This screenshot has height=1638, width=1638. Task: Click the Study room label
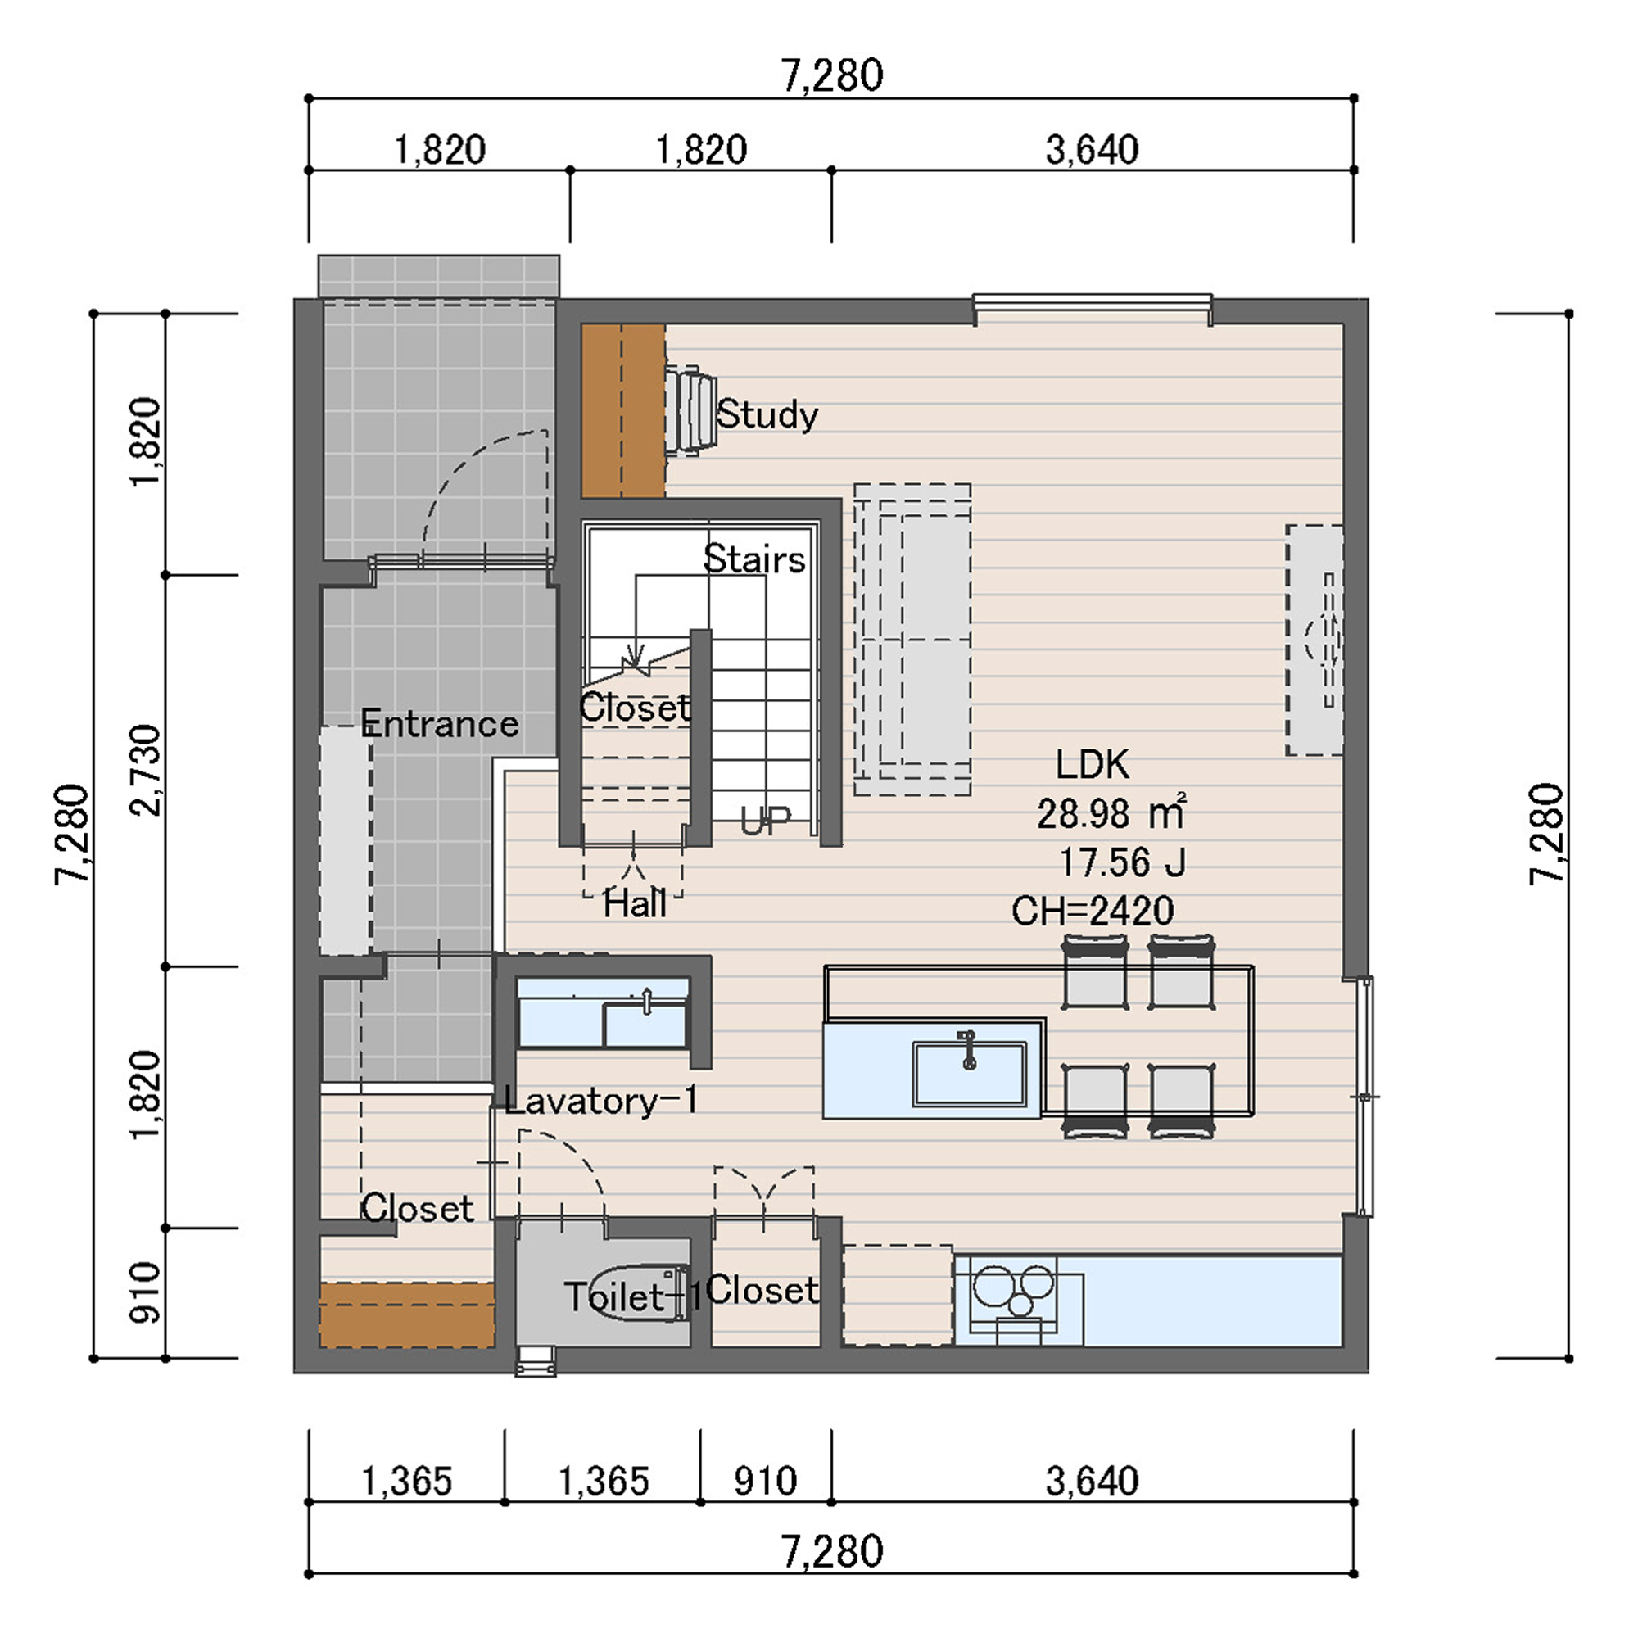click(x=767, y=415)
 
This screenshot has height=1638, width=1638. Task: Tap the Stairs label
click(x=753, y=559)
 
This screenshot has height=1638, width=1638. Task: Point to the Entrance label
click(x=439, y=724)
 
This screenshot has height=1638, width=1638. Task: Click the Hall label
click(x=634, y=904)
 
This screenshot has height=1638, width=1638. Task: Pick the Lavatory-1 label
click(x=601, y=1101)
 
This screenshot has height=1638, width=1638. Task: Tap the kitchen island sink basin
click(x=969, y=1074)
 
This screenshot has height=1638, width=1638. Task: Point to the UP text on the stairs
click(x=765, y=821)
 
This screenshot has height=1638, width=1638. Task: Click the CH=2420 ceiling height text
click(x=1093, y=912)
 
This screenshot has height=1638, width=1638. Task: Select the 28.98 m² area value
click(x=1111, y=813)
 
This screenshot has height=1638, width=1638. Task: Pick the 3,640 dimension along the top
click(x=1092, y=150)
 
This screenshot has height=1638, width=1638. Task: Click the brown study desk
click(x=623, y=411)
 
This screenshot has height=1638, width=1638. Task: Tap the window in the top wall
click(x=1092, y=306)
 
